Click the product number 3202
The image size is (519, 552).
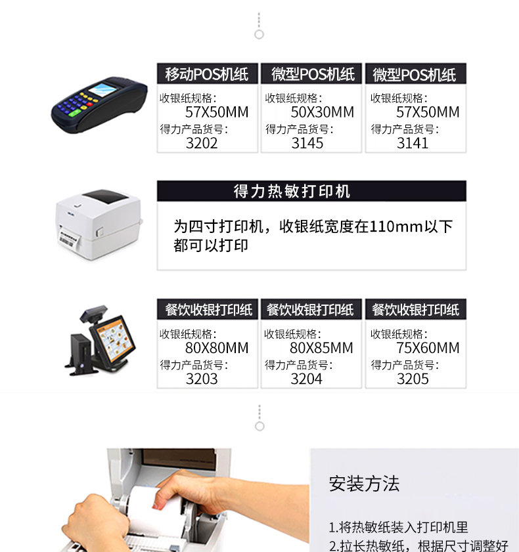click(x=202, y=143)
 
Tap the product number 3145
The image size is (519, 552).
click(x=307, y=143)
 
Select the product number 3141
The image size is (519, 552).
click(x=413, y=143)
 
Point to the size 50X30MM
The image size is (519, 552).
click(x=323, y=112)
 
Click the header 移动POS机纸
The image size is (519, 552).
click(x=207, y=74)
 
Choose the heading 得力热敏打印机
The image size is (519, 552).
click(x=292, y=192)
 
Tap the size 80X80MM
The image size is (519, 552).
click(x=217, y=348)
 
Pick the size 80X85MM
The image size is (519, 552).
click(x=321, y=348)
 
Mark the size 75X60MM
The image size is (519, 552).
click(x=428, y=348)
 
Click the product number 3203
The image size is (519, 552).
click(x=202, y=379)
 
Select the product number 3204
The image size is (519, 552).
click(x=306, y=379)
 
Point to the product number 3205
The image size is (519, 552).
click(x=413, y=379)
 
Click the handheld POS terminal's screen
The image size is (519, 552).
click(x=102, y=89)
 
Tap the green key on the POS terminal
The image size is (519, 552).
click(x=75, y=113)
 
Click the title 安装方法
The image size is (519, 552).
click(x=364, y=483)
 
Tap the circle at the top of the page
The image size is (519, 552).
click(x=259, y=35)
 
